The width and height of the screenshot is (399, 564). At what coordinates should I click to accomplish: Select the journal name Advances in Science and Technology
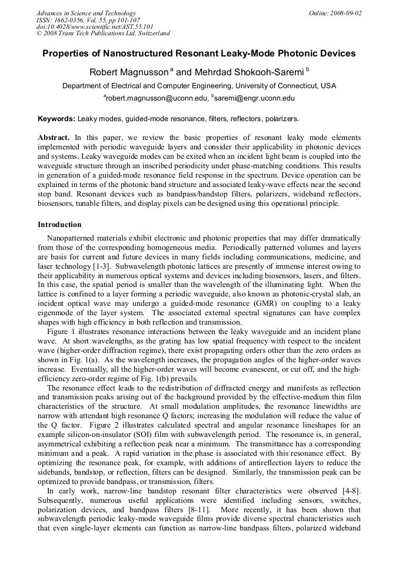pos(86,13)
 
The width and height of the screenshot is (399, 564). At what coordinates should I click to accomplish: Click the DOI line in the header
pos(95,26)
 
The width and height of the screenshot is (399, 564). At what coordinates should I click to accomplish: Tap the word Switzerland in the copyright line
pos(152,34)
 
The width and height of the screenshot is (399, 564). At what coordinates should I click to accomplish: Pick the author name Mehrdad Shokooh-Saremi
pos(248,72)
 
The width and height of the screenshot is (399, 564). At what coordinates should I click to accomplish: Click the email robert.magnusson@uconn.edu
pos(155,98)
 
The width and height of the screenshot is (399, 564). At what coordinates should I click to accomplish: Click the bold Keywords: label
pos(56,119)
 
